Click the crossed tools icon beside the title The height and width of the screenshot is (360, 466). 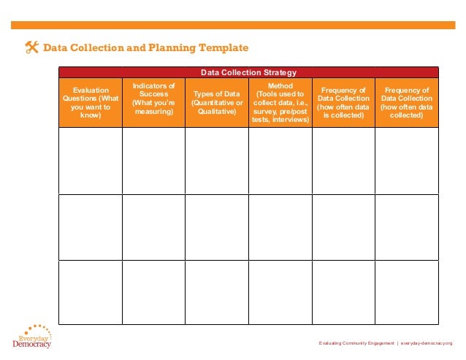click(31, 48)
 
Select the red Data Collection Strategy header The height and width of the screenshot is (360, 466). click(248, 72)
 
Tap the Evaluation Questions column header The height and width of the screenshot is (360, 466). click(90, 102)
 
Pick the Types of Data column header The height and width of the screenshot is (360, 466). click(217, 102)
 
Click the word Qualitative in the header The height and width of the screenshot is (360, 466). click(217, 112)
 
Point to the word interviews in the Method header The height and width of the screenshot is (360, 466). click(290, 120)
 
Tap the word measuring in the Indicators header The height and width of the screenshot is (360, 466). click(153, 112)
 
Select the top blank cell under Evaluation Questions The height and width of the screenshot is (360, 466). click(90, 161)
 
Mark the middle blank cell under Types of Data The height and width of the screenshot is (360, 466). click(217, 227)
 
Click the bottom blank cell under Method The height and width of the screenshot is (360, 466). click(280, 292)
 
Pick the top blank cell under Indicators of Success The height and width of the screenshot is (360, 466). click(153, 161)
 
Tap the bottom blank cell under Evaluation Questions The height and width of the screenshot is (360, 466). click(90, 292)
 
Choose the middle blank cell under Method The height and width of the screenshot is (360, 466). click(280, 227)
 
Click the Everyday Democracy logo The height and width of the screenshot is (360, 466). click(32, 337)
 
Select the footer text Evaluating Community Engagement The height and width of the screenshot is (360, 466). click(356, 343)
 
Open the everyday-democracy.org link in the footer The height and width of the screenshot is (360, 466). click(427, 343)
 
